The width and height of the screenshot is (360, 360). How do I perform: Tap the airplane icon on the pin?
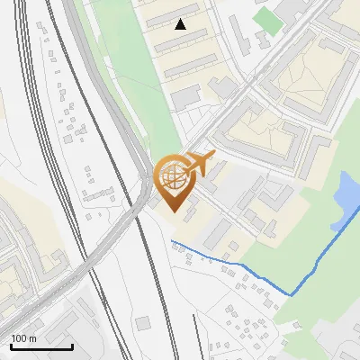(200, 163)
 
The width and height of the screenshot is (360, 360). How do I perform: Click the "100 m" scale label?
(23, 338)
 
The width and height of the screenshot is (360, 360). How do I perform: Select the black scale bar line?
(41, 346)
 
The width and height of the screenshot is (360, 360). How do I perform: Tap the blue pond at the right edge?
(346, 200)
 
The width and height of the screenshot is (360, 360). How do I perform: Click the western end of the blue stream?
(173, 242)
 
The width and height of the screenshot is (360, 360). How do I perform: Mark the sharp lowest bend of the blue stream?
(291, 294)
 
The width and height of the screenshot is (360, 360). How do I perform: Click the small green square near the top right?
(267, 20)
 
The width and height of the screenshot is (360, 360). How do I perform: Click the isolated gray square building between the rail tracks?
(143, 322)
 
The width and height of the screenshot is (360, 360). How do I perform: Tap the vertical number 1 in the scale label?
(13, 338)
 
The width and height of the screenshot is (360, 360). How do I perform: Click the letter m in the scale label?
(32, 338)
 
